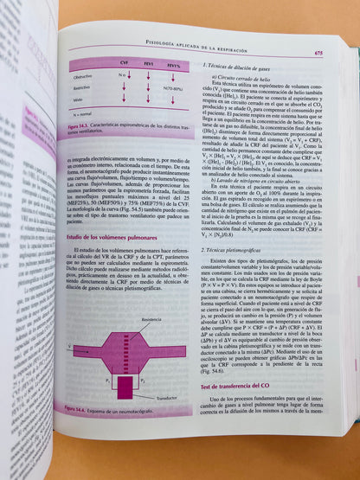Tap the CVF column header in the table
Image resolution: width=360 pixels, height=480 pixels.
tap(124, 64)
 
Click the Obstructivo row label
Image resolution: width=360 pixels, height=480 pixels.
tap(86, 75)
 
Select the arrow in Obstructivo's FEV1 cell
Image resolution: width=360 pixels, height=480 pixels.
tap(149, 75)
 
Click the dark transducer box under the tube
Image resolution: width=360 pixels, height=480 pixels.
tap(125, 386)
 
